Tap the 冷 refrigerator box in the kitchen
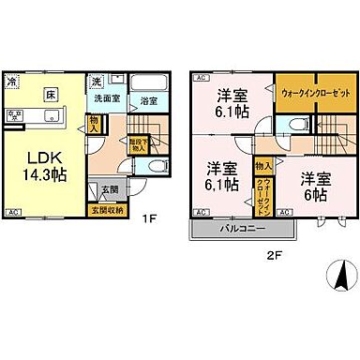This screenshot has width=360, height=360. point(12,82)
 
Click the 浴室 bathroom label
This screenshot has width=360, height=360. point(147,99)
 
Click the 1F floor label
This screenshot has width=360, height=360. point(149,220)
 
